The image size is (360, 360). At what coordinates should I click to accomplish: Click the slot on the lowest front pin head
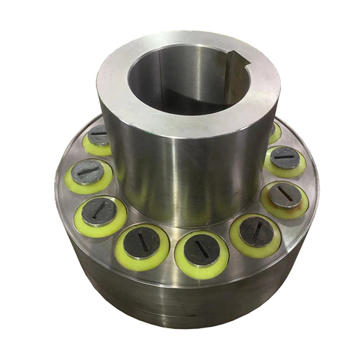point(197,250)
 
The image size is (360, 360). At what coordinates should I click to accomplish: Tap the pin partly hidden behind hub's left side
point(98,135)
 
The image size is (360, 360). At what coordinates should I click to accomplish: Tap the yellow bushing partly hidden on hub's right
point(274,132)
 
